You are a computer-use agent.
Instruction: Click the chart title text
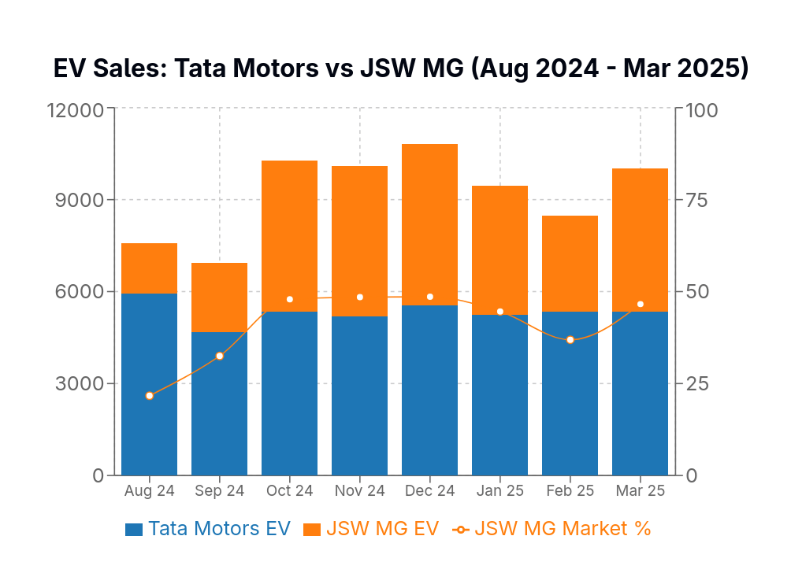point(400,68)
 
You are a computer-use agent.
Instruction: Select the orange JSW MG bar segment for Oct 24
point(289,236)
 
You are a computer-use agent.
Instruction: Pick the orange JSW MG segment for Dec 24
point(429,224)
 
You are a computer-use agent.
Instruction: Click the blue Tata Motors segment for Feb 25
point(570,394)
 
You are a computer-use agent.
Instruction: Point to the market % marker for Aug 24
point(150,396)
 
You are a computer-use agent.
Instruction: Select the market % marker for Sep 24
point(220,357)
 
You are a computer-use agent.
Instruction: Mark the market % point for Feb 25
point(570,340)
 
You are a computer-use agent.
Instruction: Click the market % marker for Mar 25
point(641,305)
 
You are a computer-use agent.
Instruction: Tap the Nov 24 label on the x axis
point(359,491)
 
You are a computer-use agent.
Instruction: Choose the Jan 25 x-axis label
point(500,491)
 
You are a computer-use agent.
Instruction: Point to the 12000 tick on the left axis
point(76,109)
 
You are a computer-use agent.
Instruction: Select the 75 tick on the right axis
point(697,200)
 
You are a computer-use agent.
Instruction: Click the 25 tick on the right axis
point(697,383)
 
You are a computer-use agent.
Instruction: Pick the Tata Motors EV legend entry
point(208,529)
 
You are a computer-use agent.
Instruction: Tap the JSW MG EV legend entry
point(371,529)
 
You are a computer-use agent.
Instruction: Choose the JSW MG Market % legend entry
point(551,529)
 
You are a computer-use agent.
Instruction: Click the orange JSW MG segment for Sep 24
point(220,298)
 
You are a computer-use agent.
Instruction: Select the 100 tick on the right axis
point(701,109)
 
